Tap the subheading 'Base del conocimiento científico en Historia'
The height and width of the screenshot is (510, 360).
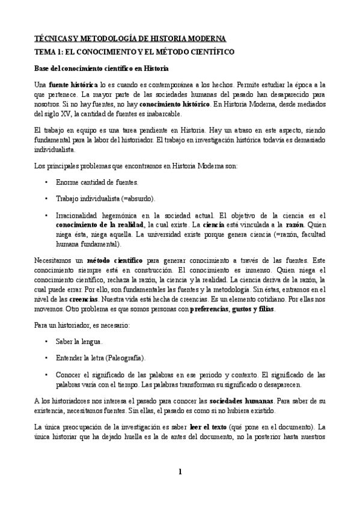(x=102, y=68)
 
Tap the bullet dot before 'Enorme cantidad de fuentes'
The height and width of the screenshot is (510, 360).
(x=47, y=182)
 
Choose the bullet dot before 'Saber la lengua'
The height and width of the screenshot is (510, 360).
(x=47, y=341)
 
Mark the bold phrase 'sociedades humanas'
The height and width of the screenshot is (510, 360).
(x=242, y=401)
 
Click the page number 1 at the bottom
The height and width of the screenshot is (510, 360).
(x=180, y=472)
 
